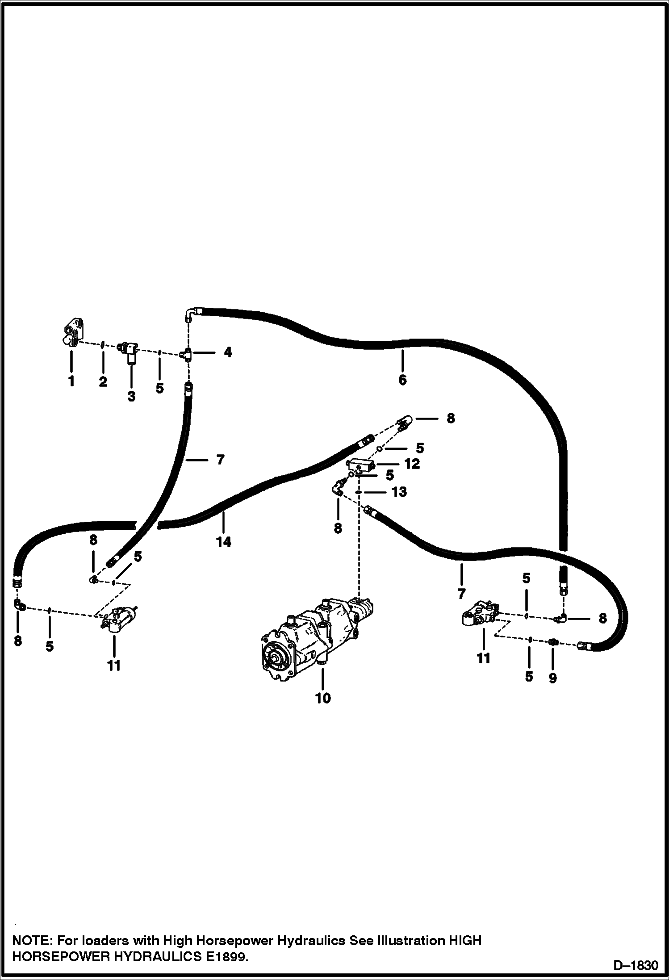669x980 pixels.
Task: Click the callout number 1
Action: (71, 381)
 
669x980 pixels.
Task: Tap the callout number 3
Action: (131, 396)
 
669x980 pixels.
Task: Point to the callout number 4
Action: (228, 352)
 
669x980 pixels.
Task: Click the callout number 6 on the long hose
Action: (402, 380)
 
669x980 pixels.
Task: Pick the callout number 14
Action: (224, 542)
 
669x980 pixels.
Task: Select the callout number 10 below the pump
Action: (323, 698)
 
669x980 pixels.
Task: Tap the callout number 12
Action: (412, 464)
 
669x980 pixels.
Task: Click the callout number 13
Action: (399, 492)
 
